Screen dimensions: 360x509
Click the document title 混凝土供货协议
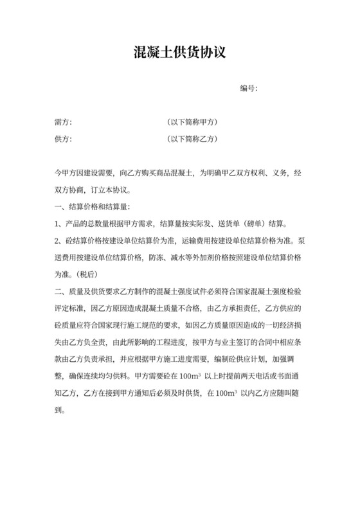[x=180, y=52]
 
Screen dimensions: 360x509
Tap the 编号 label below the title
[x=248, y=88]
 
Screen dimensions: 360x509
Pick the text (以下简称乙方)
[x=192, y=138]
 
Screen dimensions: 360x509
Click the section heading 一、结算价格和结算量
[x=93, y=207]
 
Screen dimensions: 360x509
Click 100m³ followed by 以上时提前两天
[x=201, y=375]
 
